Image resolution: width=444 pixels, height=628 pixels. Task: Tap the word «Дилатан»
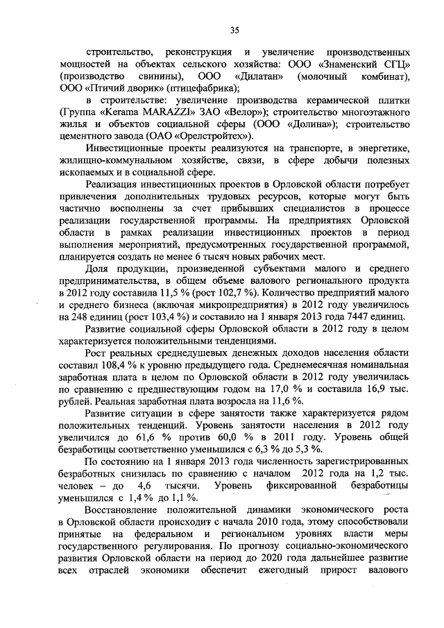point(256,76)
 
